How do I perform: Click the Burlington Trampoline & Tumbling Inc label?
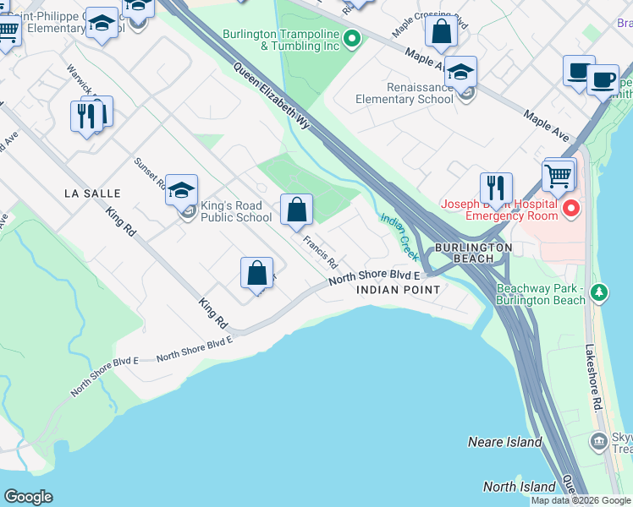click(x=281, y=40)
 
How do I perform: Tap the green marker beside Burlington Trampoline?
click(x=353, y=39)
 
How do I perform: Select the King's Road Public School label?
click(x=236, y=211)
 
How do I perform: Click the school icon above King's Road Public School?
click(x=181, y=190)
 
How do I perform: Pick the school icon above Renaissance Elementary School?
click(x=461, y=73)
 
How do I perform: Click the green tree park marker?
click(x=599, y=293)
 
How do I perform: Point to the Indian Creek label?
click(x=399, y=236)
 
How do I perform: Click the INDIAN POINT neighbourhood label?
click(x=398, y=290)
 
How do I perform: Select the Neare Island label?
click(x=504, y=442)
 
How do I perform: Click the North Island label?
click(x=519, y=487)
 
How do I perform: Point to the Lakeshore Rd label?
click(x=597, y=376)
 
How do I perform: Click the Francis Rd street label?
click(x=321, y=251)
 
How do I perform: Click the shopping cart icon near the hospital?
click(x=559, y=175)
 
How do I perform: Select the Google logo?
click(x=29, y=497)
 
